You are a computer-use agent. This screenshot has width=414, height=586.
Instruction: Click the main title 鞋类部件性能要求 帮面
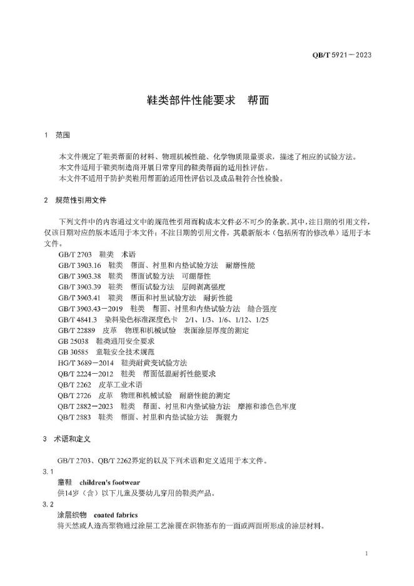pyautogui.click(x=207, y=100)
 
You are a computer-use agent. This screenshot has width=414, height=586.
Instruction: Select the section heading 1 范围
pyautogui.click(x=58, y=135)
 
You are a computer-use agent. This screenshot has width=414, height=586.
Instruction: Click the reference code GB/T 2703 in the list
pyautogui.click(x=75, y=255)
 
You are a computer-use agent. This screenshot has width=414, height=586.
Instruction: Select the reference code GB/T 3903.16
pyautogui.click(x=79, y=265)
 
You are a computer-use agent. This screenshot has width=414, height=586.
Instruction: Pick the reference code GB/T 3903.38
pyautogui.click(x=79, y=276)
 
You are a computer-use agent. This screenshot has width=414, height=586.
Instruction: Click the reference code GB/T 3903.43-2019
pyautogui.click(x=90, y=309)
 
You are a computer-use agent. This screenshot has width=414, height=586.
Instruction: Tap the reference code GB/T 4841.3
pyautogui.click(x=78, y=319)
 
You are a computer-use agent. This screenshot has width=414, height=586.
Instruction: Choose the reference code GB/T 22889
pyautogui.click(x=76, y=330)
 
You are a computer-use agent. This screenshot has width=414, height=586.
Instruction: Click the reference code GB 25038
pyautogui.click(x=73, y=341)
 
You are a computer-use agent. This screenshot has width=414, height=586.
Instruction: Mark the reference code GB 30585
pyautogui.click(x=73, y=352)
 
